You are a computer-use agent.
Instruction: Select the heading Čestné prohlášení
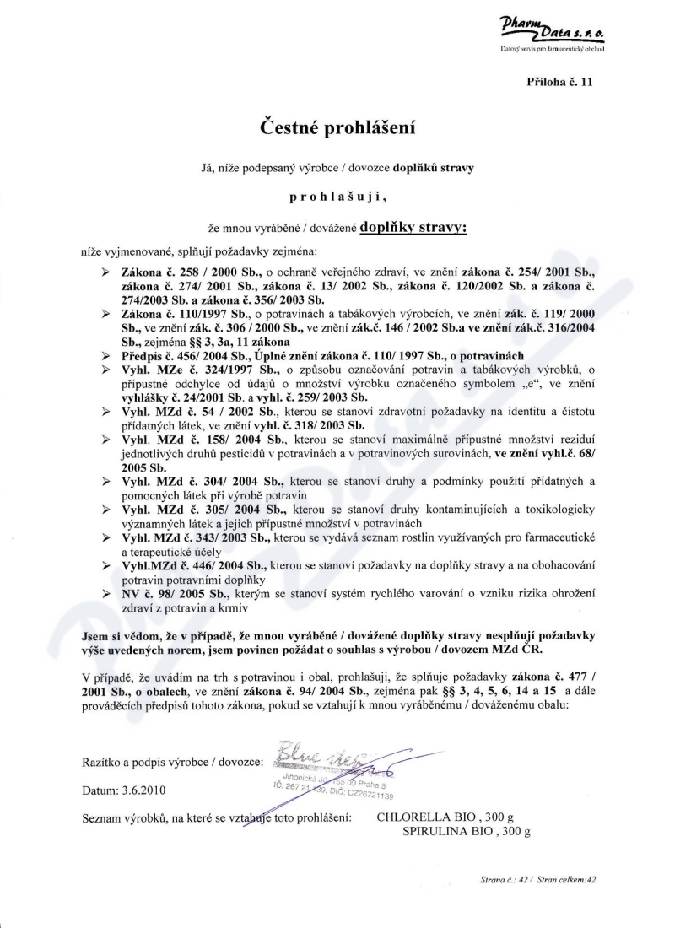coord(337,128)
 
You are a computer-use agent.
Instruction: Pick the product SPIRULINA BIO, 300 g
coord(466,832)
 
